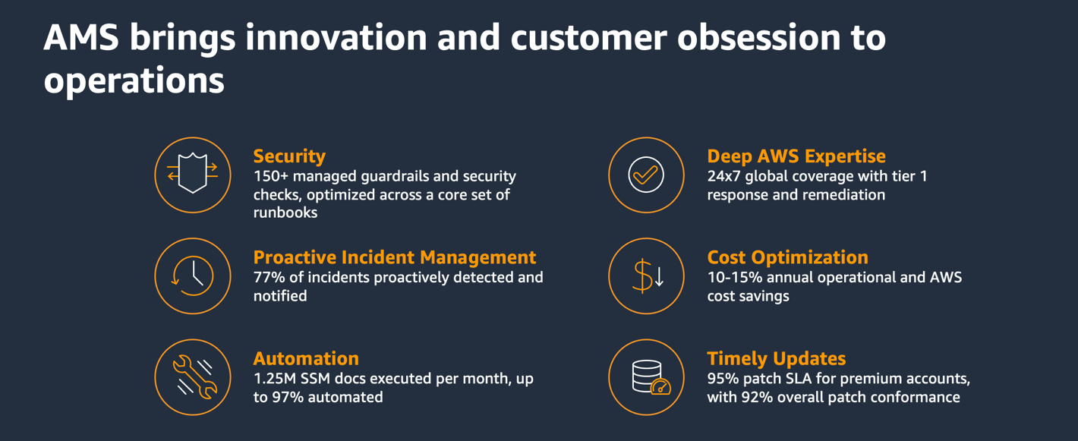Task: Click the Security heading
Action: (x=289, y=156)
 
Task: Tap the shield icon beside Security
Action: (x=193, y=175)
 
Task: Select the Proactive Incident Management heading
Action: (x=395, y=257)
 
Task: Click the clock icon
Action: (x=193, y=276)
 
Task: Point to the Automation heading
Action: (x=306, y=358)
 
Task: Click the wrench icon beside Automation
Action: (x=193, y=376)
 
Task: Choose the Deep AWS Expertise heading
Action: (x=796, y=156)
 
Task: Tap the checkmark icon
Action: (x=646, y=175)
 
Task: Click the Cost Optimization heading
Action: (x=787, y=257)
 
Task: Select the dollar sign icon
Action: (x=646, y=276)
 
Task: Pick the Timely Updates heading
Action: (x=776, y=358)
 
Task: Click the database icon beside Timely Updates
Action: (x=646, y=376)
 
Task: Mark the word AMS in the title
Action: (x=80, y=38)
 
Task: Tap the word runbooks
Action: (x=285, y=213)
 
